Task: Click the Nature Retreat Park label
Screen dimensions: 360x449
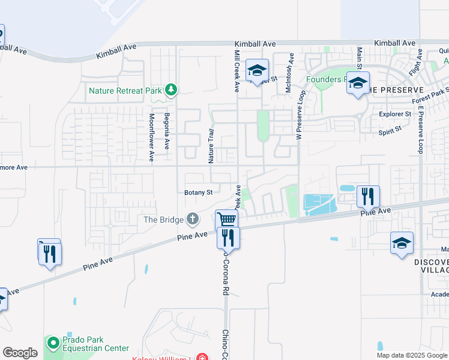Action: [125, 91]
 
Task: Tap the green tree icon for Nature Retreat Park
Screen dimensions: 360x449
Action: [171, 90]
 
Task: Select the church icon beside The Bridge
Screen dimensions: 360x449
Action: [192, 219]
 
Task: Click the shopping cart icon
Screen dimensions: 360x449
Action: [226, 220]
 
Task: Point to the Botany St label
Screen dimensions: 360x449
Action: [199, 193]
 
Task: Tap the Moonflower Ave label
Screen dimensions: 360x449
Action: [152, 137]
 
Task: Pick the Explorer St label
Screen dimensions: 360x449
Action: [395, 113]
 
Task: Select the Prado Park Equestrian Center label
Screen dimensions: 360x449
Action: [96, 344]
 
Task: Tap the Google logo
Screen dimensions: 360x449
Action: [20, 353]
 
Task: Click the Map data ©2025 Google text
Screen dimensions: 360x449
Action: [411, 355]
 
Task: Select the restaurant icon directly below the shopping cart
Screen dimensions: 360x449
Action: [228, 237]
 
